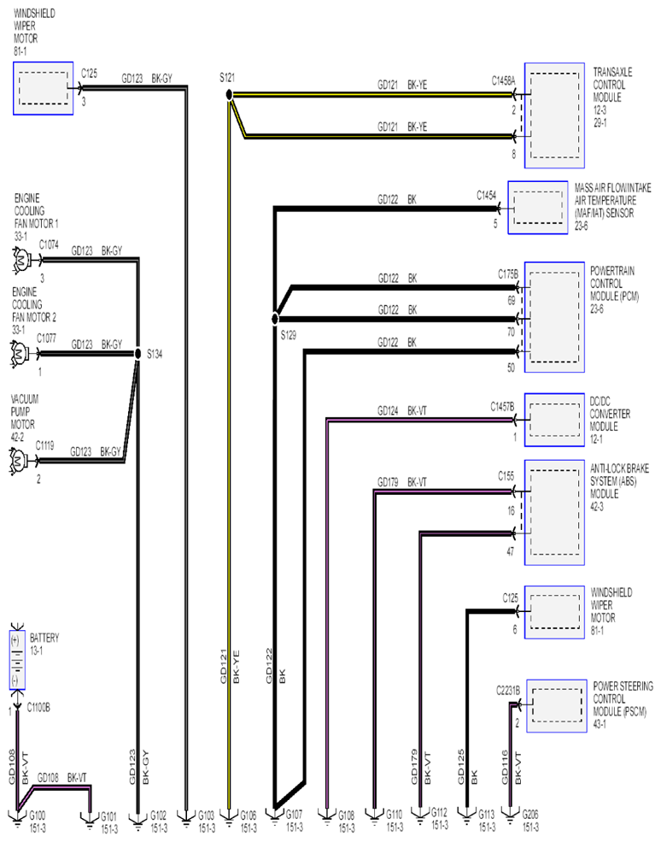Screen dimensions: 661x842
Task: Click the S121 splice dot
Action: pyautogui.click(x=229, y=95)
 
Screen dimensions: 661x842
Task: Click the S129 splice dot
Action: pyautogui.click(x=275, y=319)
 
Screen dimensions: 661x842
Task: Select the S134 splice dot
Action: pyautogui.click(x=137, y=354)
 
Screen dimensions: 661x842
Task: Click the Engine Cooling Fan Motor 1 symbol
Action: pyautogui.click(x=21, y=260)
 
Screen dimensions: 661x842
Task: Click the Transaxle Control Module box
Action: pyautogui.click(x=554, y=115)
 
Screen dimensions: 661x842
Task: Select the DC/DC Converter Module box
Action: pyautogui.click(x=554, y=420)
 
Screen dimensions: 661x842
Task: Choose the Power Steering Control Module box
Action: pyautogui.click(x=556, y=705)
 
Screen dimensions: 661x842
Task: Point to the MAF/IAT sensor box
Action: pyautogui.click(x=538, y=207)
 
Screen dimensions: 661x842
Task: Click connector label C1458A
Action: pyautogui.click(x=503, y=80)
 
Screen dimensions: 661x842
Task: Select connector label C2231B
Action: pyautogui.click(x=507, y=691)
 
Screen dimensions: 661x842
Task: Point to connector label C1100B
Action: pyautogui.click(x=38, y=708)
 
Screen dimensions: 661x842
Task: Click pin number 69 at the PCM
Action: pyautogui.click(x=512, y=301)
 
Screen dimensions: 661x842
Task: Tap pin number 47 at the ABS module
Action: pyautogui.click(x=510, y=551)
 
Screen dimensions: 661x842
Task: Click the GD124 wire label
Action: pyautogui.click(x=388, y=411)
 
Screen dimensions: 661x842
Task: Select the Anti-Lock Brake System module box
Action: pyautogui.click(x=554, y=512)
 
